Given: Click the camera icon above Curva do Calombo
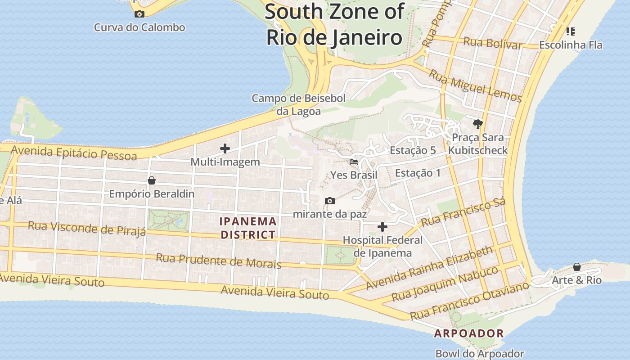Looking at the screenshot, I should point(139,14).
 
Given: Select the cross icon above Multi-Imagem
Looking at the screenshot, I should point(225,148).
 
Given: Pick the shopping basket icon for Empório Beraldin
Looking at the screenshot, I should point(152,180).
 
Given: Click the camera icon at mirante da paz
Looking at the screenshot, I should point(330,201).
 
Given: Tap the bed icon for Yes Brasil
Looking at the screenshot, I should point(354,162).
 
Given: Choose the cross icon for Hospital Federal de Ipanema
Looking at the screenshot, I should point(382,227).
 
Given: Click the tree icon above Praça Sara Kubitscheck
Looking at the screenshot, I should point(477,124).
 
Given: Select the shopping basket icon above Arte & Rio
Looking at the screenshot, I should point(577,267).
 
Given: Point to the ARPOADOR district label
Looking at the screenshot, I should point(468,333).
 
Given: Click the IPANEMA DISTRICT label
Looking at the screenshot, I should point(248,228).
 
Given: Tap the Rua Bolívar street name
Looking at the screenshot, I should point(493,43).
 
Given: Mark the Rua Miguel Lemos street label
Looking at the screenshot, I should point(475,86).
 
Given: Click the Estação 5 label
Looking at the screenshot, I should point(413,150).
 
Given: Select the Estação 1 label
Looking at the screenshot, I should point(418,173).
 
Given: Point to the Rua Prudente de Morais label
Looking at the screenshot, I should point(218,261).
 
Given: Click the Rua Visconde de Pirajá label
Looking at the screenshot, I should point(87,228).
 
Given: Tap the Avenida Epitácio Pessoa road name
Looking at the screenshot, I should point(74,153).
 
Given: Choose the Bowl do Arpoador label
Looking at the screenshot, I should point(480,354).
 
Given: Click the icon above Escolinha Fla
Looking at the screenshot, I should point(570,31).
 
